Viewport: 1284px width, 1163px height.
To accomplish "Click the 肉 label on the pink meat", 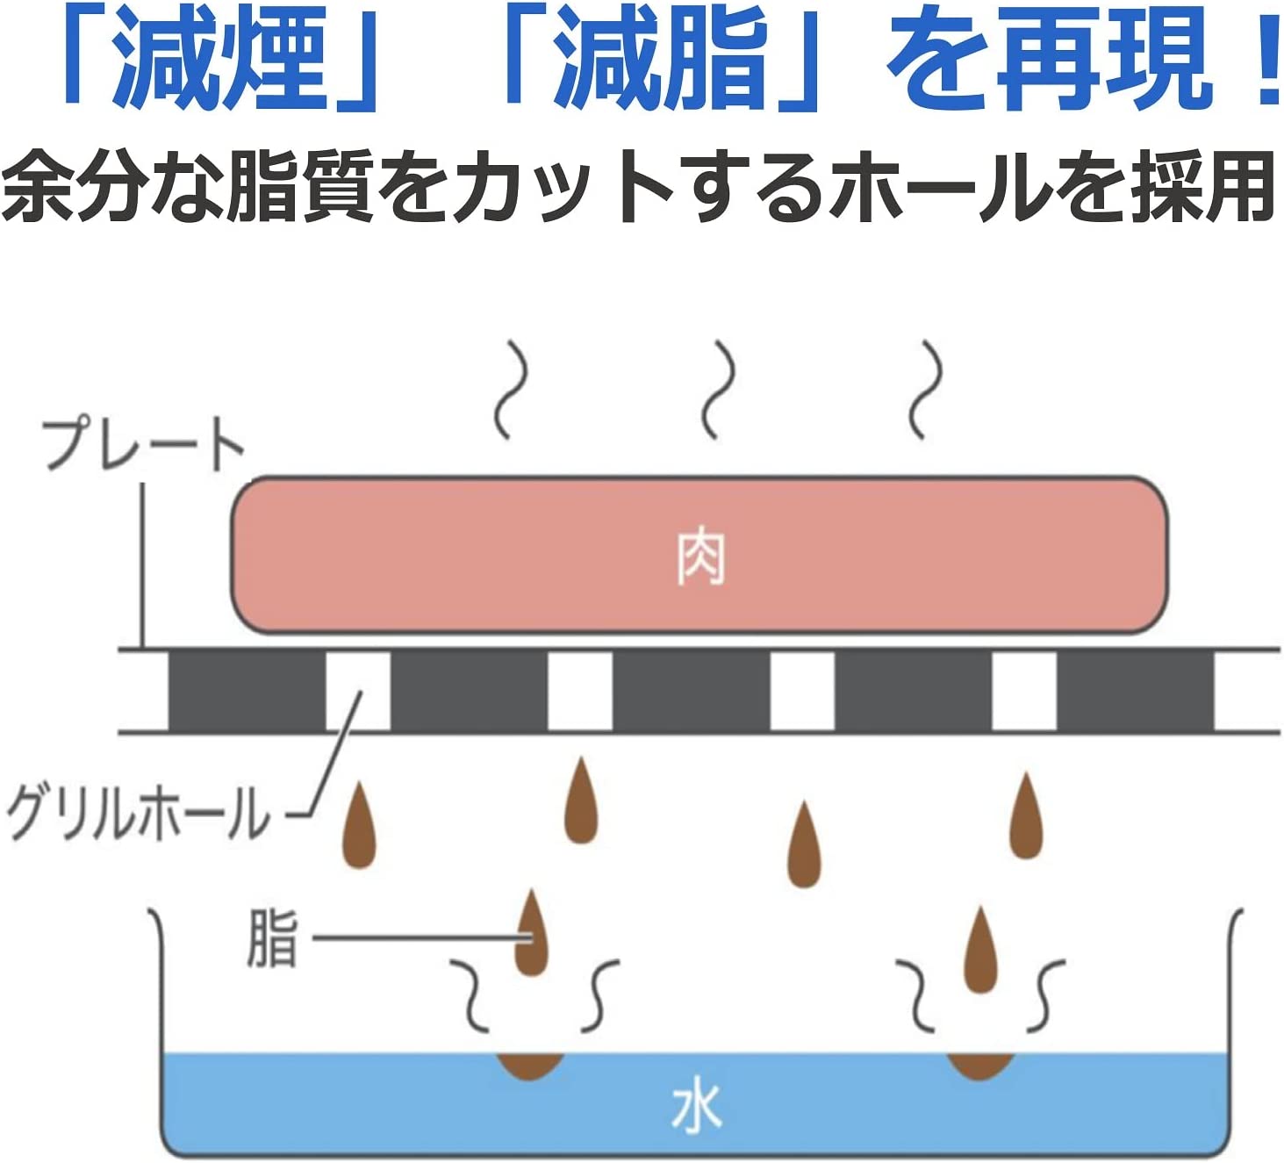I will [699, 556].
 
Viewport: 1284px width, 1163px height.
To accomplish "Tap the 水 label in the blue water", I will [696, 1107].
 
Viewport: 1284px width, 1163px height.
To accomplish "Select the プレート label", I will [143, 444].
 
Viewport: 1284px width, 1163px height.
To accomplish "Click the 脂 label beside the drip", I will [273, 938].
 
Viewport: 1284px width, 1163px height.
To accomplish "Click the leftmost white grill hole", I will [358, 691].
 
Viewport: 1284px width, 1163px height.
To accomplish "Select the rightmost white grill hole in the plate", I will [1023, 691].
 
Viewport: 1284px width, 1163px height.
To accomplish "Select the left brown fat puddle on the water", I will [530, 1065].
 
